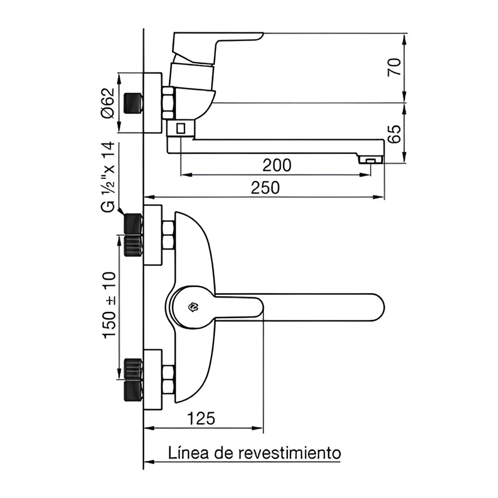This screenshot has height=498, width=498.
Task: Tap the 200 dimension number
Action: click(277, 165)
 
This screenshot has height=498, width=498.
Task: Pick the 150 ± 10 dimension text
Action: click(109, 305)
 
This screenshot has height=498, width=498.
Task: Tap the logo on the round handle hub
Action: click(193, 308)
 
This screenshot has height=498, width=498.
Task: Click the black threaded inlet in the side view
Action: click(133, 103)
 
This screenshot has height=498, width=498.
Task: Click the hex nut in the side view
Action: click(168, 103)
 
